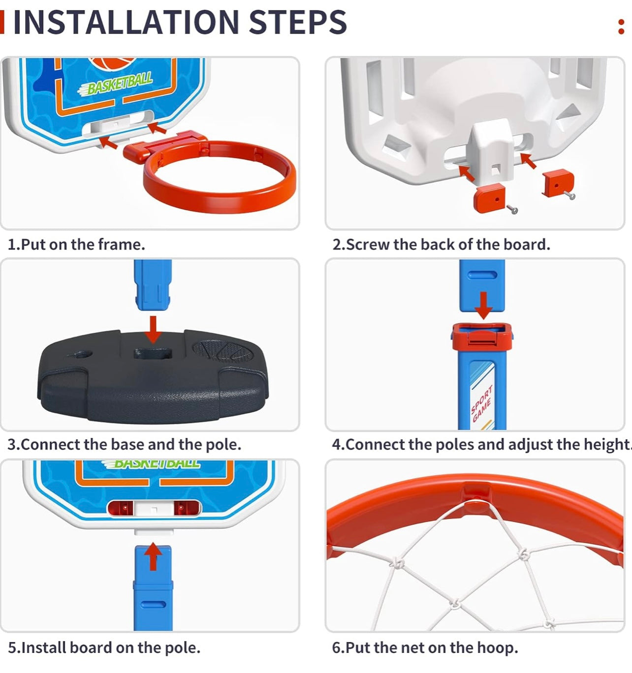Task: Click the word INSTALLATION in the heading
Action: point(126,22)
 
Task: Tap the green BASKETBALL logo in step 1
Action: point(115,83)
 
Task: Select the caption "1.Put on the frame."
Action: point(76,245)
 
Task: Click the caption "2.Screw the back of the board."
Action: point(441,245)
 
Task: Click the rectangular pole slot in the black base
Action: point(153,354)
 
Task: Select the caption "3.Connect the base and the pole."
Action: point(125,444)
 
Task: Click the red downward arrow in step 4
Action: point(483,306)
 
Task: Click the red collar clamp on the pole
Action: point(482,337)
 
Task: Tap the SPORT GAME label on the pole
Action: point(481,403)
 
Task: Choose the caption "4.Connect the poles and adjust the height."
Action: point(482,444)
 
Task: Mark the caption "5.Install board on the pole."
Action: point(104,647)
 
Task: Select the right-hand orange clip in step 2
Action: point(558,183)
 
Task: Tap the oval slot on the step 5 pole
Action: point(153,604)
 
